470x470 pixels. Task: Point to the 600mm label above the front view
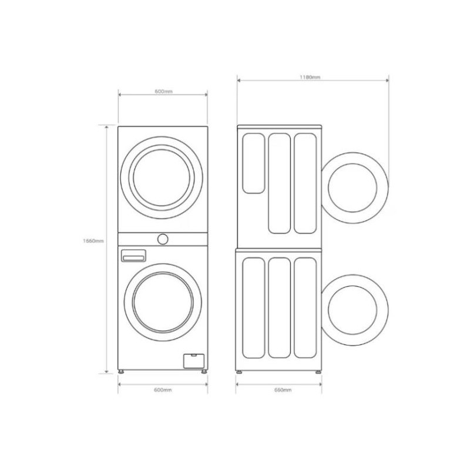point(163,92)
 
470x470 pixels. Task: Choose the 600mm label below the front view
point(163,390)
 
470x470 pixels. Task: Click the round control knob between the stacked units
point(163,239)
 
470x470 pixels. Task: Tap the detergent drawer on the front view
point(133,256)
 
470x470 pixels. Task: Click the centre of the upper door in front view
point(163,177)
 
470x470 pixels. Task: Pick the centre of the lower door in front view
point(163,302)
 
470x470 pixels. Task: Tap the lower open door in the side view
point(354,311)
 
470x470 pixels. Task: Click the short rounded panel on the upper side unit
point(254,163)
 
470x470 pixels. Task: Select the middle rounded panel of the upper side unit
point(279,183)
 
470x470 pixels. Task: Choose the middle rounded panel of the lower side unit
point(279,307)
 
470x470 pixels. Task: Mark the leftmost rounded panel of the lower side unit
point(254,307)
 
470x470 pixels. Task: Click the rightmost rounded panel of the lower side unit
point(305,307)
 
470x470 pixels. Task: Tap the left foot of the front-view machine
point(122,372)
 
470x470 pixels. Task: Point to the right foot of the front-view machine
point(204,372)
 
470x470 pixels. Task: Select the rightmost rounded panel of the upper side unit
point(305,183)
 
